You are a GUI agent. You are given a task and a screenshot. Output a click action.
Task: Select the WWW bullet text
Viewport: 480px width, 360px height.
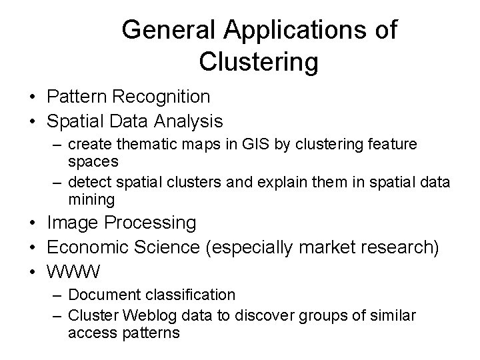coord(74,272)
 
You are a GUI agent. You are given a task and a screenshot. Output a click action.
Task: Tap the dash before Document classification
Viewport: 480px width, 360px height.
coord(57,295)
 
